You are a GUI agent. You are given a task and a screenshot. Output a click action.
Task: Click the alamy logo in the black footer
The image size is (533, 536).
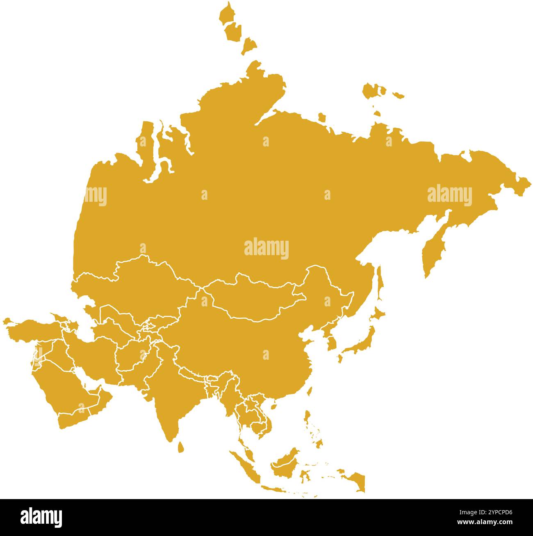41,518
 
